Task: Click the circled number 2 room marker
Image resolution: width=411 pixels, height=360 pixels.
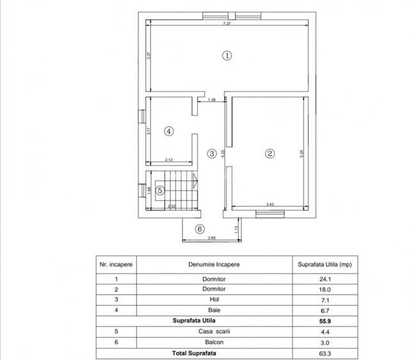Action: [x=270, y=153]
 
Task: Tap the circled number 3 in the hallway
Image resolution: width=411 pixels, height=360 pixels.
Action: [x=211, y=153]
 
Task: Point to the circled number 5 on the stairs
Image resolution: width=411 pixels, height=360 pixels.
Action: [x=161, y=190]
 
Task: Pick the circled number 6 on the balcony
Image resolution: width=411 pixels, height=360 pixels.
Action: [x=199, y=228]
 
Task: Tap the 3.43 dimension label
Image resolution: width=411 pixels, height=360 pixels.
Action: [x=270, y=205]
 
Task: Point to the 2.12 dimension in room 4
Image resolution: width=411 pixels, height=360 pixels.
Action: [x=168, y=160]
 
